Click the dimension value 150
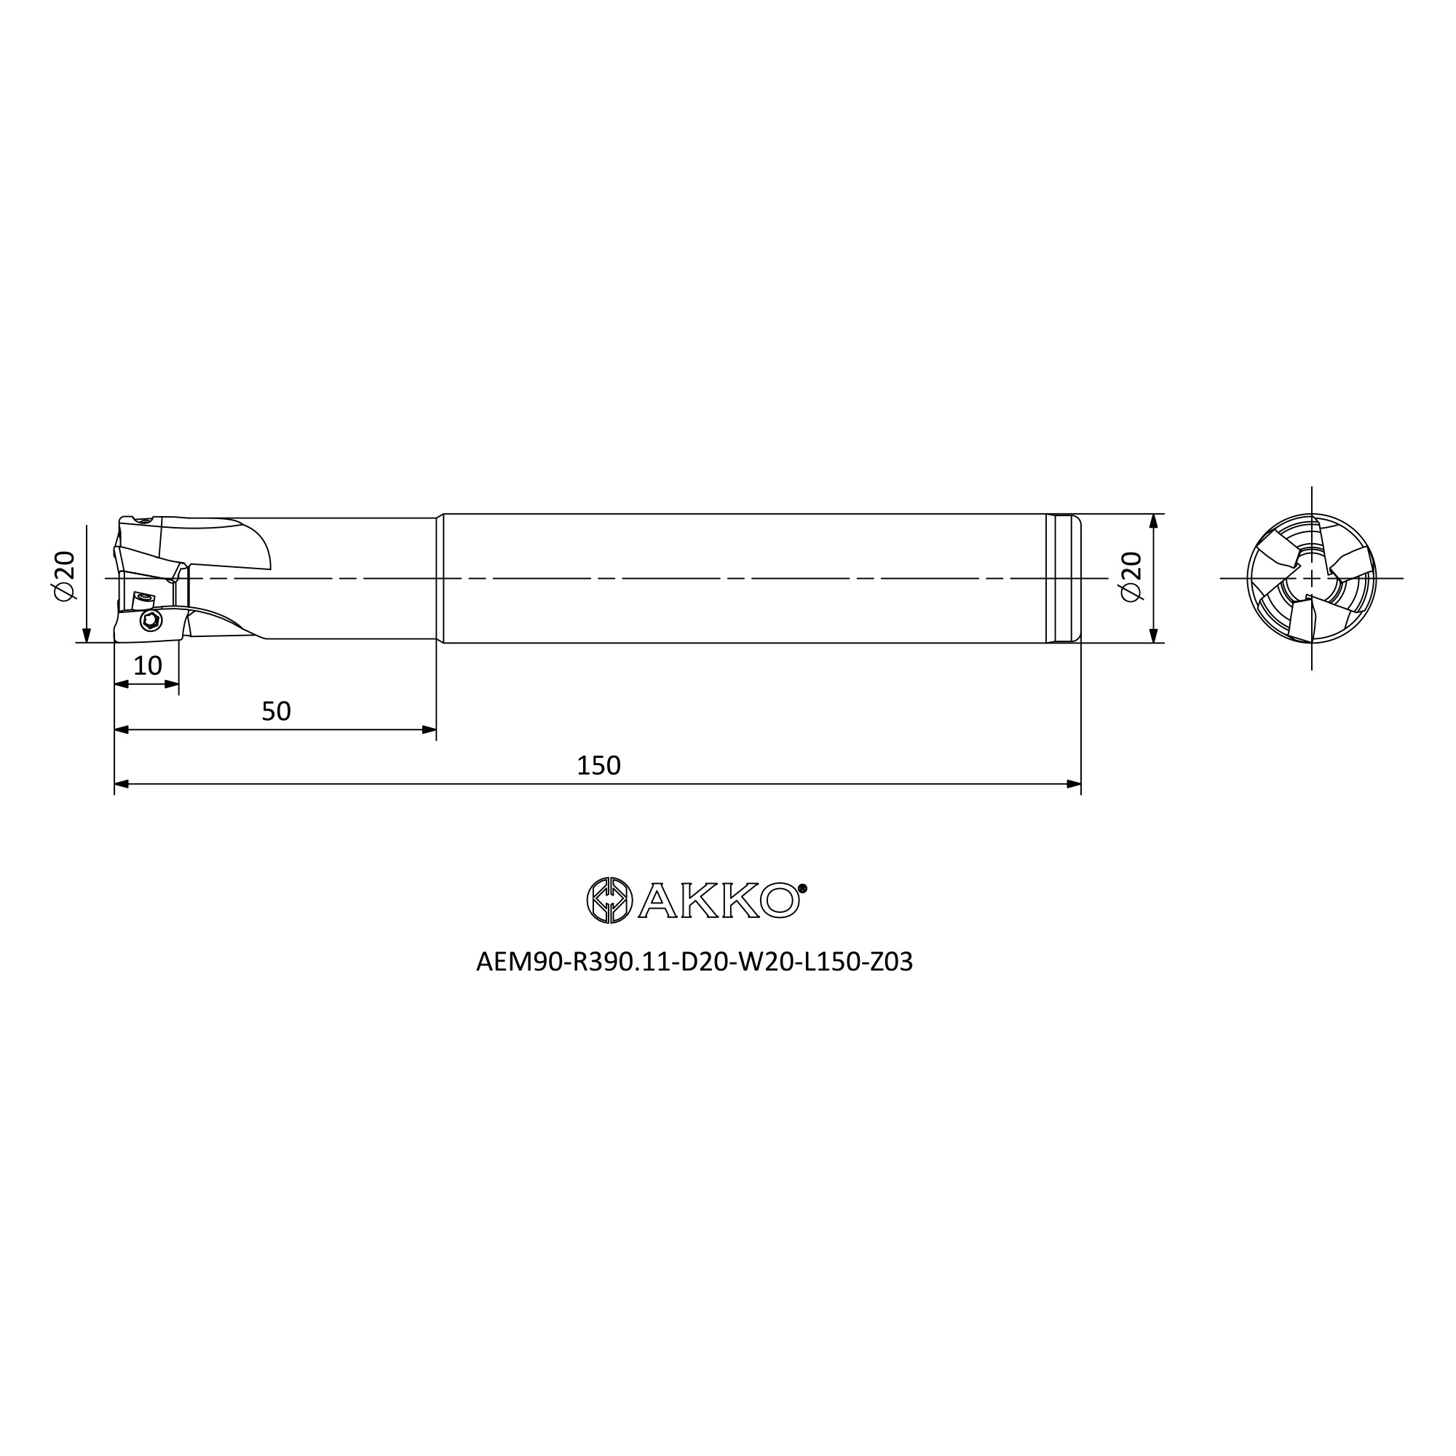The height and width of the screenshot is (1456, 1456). pyautogui.click(x=598, y=766)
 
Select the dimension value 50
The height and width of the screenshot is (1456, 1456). pyautogui.click(x=276, y=711)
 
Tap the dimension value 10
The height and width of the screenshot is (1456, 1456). pyautogui.click(x=148, y=665)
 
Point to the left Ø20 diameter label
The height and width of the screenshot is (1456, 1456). pyautogui.click(x=65, y=576)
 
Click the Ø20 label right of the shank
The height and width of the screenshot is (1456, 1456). pyautogui.click(x=1132, y=577)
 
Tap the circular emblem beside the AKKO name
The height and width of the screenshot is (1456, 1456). pyautogui.click(x=609, y=900)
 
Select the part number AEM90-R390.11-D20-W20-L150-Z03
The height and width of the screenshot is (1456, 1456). pyautogui.click(x=694, y=962)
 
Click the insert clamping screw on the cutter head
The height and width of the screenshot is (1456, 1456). pyautogui.click(x=151, y=620)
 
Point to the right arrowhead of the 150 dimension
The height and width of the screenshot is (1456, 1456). pyautogui.click(x=1074, y=784)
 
